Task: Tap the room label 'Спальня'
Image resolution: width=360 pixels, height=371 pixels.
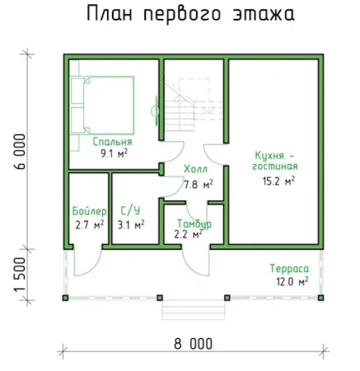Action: [113, 141]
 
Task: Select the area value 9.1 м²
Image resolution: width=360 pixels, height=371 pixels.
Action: [113, 153]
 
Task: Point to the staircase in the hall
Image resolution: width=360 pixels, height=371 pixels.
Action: [183, 107]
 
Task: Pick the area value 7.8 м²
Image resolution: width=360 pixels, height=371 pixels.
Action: [198, 184]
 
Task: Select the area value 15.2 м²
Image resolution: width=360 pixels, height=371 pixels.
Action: [278, 181]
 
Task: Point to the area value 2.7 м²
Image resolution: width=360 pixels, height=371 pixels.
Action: [89, 224]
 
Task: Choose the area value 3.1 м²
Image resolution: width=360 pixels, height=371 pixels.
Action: [131, 224]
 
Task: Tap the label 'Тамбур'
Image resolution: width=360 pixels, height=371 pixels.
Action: [194, 223]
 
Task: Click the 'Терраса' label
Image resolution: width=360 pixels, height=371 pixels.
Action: [288, 268]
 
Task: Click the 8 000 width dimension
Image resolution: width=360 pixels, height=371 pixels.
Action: [189, 344]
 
